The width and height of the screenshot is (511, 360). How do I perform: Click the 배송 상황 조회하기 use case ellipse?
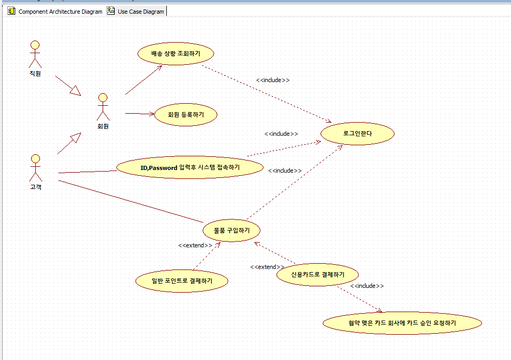176,54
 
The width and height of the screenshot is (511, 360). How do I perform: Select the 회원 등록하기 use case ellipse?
186,114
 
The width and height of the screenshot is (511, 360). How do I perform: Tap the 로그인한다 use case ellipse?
357,134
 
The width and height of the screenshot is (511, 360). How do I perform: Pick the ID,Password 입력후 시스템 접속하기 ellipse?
189,167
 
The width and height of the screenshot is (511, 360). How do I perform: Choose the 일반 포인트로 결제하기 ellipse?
182,281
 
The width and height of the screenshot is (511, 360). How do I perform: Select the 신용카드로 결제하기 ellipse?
318,275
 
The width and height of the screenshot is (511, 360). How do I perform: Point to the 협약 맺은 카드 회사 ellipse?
402,323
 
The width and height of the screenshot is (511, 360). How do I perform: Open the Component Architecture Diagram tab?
55,11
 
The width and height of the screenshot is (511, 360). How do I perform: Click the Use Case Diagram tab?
136,11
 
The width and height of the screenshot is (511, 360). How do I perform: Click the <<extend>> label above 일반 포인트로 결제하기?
195,245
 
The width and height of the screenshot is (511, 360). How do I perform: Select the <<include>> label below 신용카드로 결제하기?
367,286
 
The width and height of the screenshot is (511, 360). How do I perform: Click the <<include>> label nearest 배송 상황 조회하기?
273,80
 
